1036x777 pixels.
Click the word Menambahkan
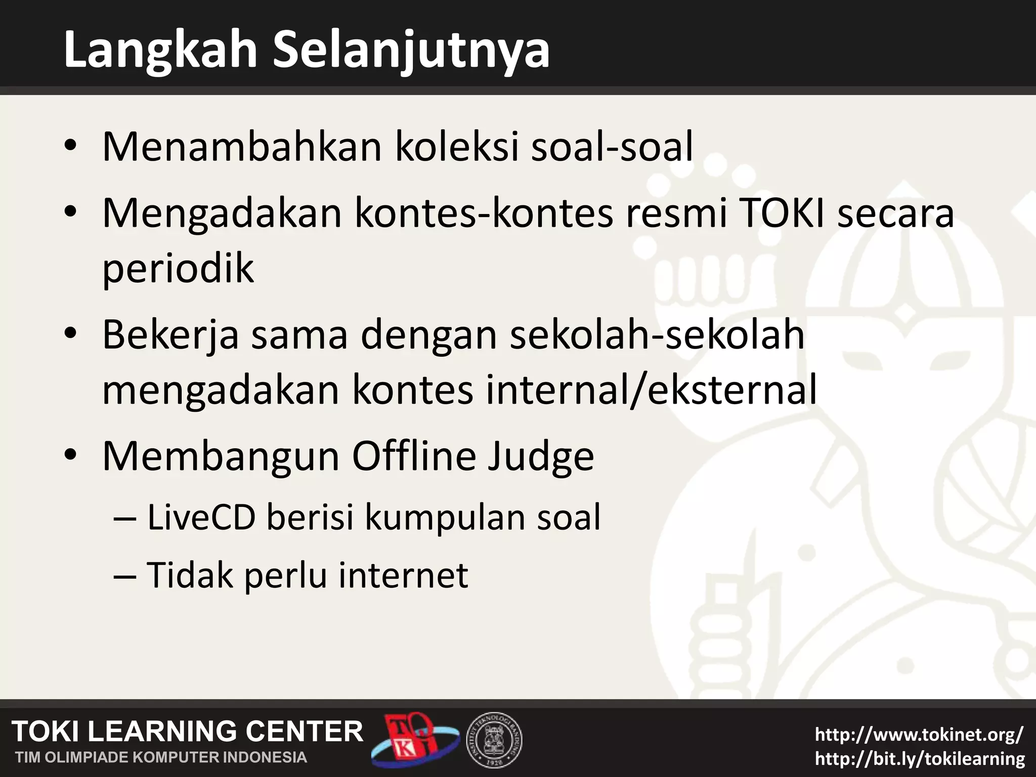[x=242, y=147]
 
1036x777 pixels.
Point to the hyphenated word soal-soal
[x=612, y=147]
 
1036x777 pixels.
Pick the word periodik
[x=178, y=269]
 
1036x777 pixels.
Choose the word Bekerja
[x=170, y=336]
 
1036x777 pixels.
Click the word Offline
[x=413, y=456]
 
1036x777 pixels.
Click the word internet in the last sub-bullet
[x=403, y=575]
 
